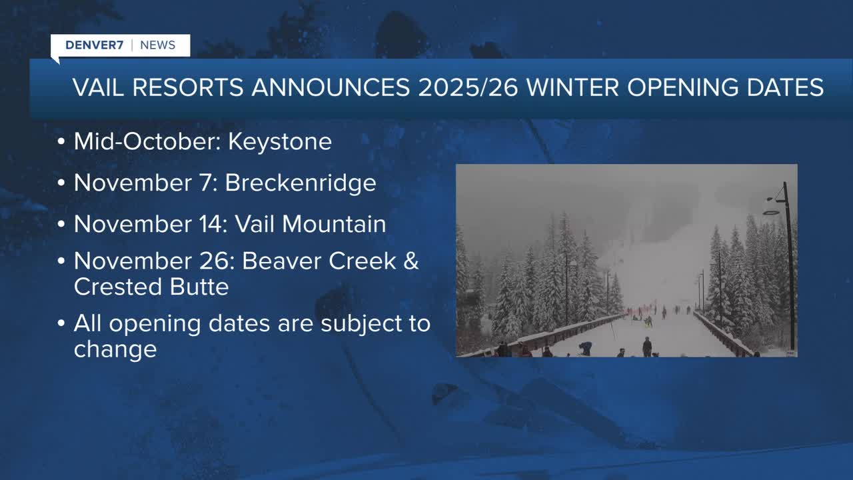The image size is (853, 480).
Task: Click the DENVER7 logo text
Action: [x=95, y=45]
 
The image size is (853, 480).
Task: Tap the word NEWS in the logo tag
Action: [x=158, y=45]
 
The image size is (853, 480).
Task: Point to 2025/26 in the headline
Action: [x=468, y=87]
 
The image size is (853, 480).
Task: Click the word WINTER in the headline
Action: [x=573, y=87]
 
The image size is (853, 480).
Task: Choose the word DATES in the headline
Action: [x=785, y=87]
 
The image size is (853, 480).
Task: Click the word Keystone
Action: [x=280, y=142]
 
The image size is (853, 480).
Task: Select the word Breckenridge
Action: [x=301, y=183]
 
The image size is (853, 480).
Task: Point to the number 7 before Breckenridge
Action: [x=207, y=183]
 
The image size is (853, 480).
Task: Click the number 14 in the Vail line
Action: [x=211, y=224]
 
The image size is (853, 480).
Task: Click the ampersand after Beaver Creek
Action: [x=411, y=261]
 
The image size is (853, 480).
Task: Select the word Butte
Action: [x=199, y=287]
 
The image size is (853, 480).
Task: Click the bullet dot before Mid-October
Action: [x=61, y=142]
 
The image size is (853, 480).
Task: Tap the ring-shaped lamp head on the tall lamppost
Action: [x=771, y=213]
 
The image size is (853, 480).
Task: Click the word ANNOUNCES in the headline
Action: [x=331, y=87]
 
